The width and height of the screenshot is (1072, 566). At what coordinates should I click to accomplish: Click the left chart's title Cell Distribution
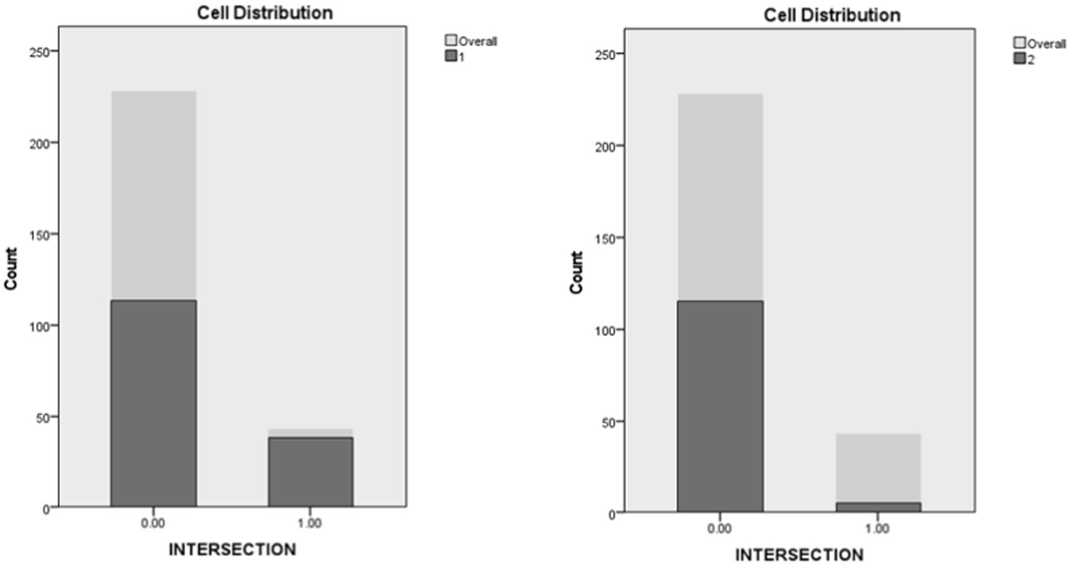pyautogui.click(x=265, y=13)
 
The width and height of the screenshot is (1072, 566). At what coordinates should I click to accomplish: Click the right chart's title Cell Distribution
pyautogui.click(x=832, y=15)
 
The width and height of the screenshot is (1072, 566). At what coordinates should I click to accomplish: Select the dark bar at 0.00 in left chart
pyautogui.click(x=154, y=403)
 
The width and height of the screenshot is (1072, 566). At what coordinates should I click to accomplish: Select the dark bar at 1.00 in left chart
pyautogui.click(x=311, y=471)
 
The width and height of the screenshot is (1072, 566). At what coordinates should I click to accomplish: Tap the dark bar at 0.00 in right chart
pyautogui.click(x=720, y=406)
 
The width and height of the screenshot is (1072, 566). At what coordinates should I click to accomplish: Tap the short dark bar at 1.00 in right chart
pyautogui.click(x=878, y=507)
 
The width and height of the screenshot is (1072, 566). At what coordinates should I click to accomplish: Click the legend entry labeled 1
pyautogui.click(x=455, y=57)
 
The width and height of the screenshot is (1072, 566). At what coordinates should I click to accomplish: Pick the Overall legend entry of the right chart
pyautogui.click(x=1040, y=44)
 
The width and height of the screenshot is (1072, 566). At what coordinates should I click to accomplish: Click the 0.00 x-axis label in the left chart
pyautogui.click(x=153, y=523)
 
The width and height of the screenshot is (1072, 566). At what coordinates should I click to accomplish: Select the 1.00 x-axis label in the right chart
pyautogui.click(x=877, y=528)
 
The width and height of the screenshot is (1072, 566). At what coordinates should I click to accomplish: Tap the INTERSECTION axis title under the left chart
pyautogui.click(x=232, y=549)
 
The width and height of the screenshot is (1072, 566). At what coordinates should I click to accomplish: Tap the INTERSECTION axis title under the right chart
pyautogui.click(x=799, y=555)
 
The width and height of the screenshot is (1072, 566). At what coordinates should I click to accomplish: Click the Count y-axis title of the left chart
pyautogui.click(x=11, y=269)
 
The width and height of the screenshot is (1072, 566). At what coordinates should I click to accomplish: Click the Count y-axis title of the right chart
pyautogui.click(x=577, y=272)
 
